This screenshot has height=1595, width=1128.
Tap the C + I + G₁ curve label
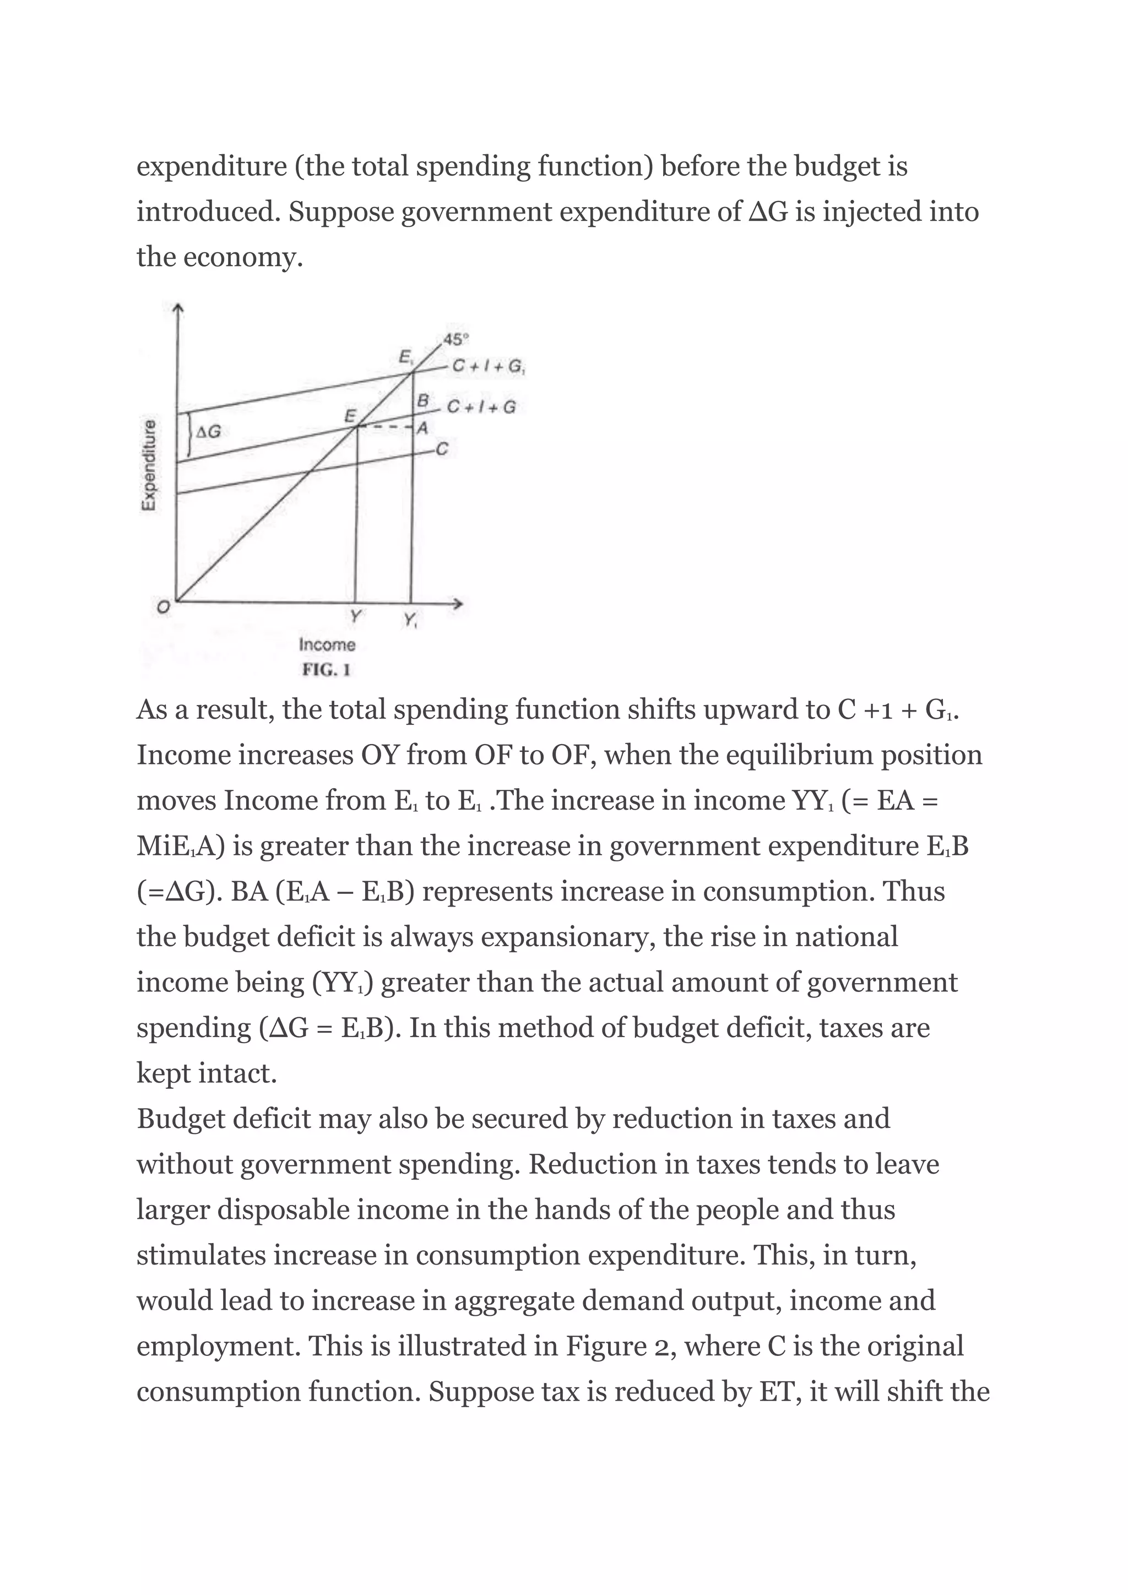coord(489,366)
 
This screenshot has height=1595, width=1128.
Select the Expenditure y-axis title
coord(148,465)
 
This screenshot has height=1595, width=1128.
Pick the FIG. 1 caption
coord(326,670)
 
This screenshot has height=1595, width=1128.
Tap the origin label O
coord(162,607)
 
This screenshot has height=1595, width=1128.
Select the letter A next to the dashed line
coord(421,428)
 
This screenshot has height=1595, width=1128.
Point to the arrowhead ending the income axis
coord(458,604)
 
